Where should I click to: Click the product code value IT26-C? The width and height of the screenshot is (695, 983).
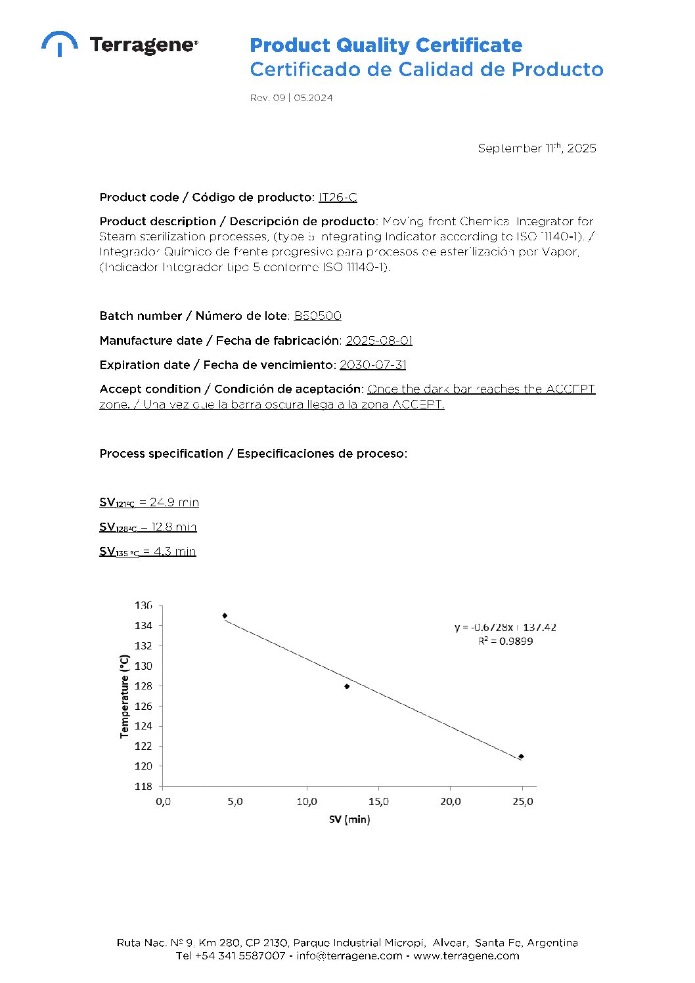click(338, 197)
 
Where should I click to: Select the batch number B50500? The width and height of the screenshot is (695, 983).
click(318, 316)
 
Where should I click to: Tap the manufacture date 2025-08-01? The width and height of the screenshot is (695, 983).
click(379, 340)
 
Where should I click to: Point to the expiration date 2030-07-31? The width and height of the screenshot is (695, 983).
click(373, 364)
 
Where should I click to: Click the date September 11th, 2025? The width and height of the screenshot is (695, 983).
click(537, 148)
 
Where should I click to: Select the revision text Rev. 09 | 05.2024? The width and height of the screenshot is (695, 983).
click(291, 98)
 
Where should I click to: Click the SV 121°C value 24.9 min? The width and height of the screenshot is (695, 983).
click(174, 502)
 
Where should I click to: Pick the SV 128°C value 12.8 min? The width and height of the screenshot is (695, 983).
click(173, 527)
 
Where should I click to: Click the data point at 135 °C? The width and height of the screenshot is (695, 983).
click(225, 616)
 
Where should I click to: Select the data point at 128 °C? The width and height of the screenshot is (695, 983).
click(347, 686)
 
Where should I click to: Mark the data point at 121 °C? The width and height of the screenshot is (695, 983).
click(521, 756)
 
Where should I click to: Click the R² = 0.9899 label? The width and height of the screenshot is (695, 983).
click(505, 641)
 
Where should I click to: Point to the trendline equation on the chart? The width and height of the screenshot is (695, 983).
click(505, 627)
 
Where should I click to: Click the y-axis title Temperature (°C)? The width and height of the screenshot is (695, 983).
click(124, 696)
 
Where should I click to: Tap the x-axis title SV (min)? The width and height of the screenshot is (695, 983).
click(349, 819)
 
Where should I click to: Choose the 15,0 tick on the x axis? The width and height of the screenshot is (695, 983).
click(378, 802)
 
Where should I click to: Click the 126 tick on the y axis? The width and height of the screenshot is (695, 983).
click(143, 706)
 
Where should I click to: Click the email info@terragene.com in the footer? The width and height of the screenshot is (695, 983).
click(349, 955)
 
